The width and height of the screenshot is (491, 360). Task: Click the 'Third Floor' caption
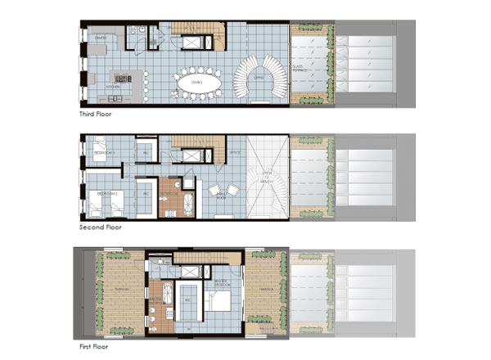[x=96, y=115]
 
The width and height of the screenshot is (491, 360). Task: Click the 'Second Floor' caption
[x=99, y=227]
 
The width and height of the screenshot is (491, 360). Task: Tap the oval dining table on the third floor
[x=196, y=82]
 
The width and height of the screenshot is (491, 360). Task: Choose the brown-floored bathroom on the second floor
[x=170, y=197]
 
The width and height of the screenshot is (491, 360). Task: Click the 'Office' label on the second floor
[x=234, y=153]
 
